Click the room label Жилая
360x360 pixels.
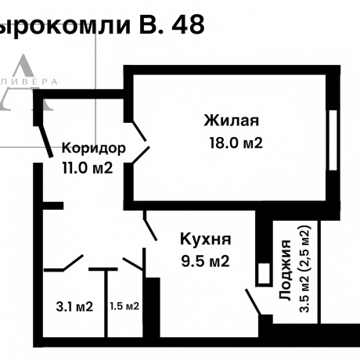231,121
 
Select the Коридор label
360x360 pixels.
94,148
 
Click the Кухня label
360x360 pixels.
205,239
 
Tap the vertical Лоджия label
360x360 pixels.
287,274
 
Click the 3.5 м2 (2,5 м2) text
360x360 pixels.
305,269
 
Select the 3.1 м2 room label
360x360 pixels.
74,306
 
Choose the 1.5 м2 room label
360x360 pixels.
124,306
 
